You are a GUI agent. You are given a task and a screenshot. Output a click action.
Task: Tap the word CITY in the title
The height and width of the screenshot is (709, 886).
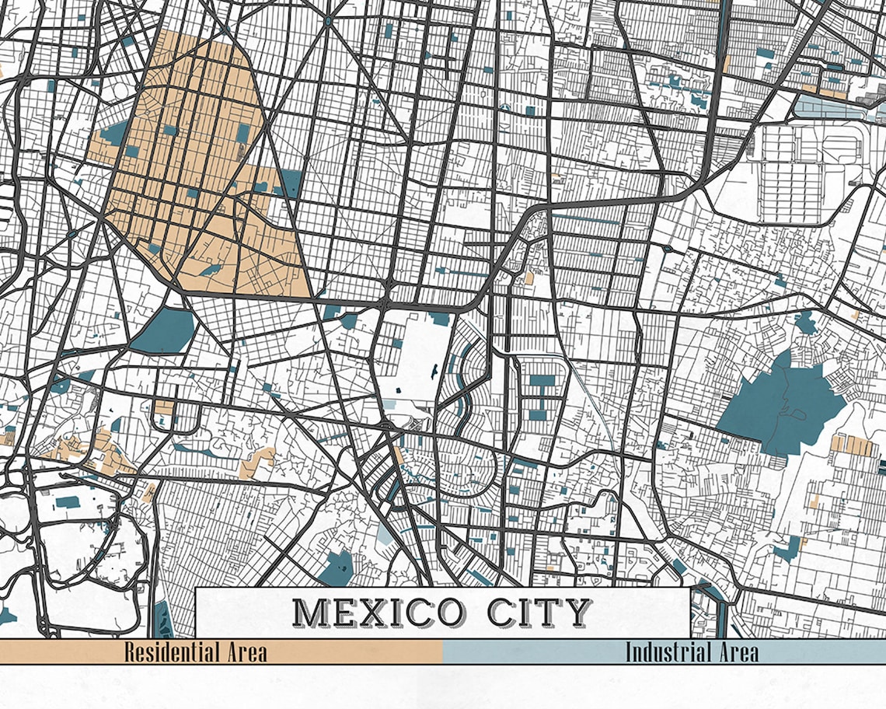539,613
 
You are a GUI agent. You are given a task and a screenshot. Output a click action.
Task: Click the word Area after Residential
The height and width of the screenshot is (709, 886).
245,651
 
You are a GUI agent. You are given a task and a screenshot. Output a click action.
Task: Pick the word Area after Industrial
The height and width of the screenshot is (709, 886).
735,651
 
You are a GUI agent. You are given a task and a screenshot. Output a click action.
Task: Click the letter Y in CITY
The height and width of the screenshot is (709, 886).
576,613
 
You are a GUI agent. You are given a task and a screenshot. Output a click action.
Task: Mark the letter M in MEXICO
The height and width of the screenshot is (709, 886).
311,613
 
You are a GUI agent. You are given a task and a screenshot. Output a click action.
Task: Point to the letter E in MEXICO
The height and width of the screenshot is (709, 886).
344,613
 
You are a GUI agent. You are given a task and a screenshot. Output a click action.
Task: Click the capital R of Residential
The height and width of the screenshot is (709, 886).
130,651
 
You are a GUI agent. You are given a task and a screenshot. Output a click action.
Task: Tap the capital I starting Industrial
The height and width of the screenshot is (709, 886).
630,651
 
